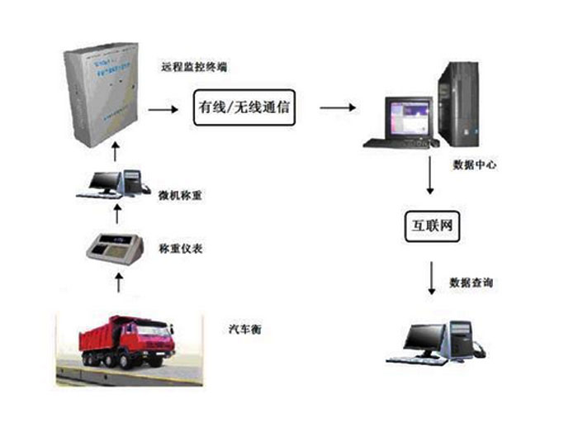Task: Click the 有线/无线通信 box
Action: (244, 108)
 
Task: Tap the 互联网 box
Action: (429, 226)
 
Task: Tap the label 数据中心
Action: (474, 165)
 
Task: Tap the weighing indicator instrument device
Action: (116, 247)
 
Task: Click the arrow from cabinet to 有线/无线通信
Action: (163, 108)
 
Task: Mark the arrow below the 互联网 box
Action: (429, 279)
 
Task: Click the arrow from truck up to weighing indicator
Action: (117, 283)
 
